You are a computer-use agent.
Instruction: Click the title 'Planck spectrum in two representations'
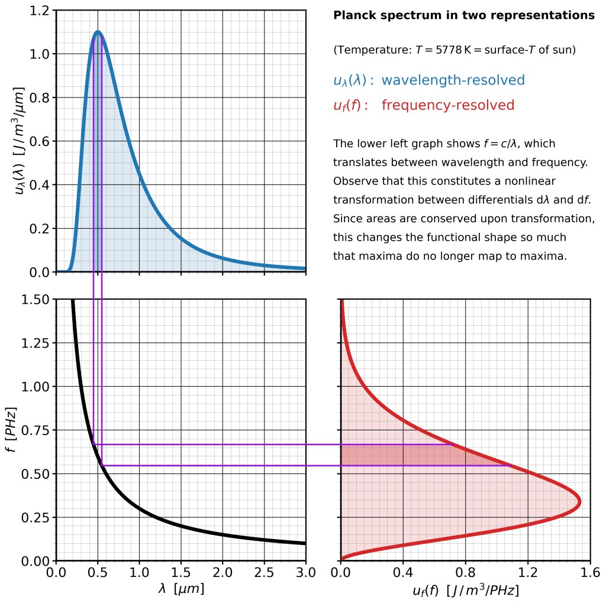pos(464,15)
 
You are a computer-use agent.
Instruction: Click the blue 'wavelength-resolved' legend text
pos(453,80)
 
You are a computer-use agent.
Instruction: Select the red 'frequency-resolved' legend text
pos(448,106)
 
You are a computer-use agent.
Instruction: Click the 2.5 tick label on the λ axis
pos(264,573)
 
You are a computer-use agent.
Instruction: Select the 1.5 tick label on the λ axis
pos(181,573)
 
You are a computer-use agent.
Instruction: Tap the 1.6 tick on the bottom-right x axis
pos(590,573)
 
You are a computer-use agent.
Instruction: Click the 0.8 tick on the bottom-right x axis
pos(465,573)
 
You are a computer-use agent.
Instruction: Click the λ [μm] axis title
pos(181,589)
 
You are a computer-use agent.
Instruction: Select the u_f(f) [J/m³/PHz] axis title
pos(465,590)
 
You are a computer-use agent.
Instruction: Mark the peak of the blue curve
pos(98,32)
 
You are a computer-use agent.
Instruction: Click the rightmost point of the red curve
pos(579,501)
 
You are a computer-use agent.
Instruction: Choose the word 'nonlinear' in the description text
pos(530,181)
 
